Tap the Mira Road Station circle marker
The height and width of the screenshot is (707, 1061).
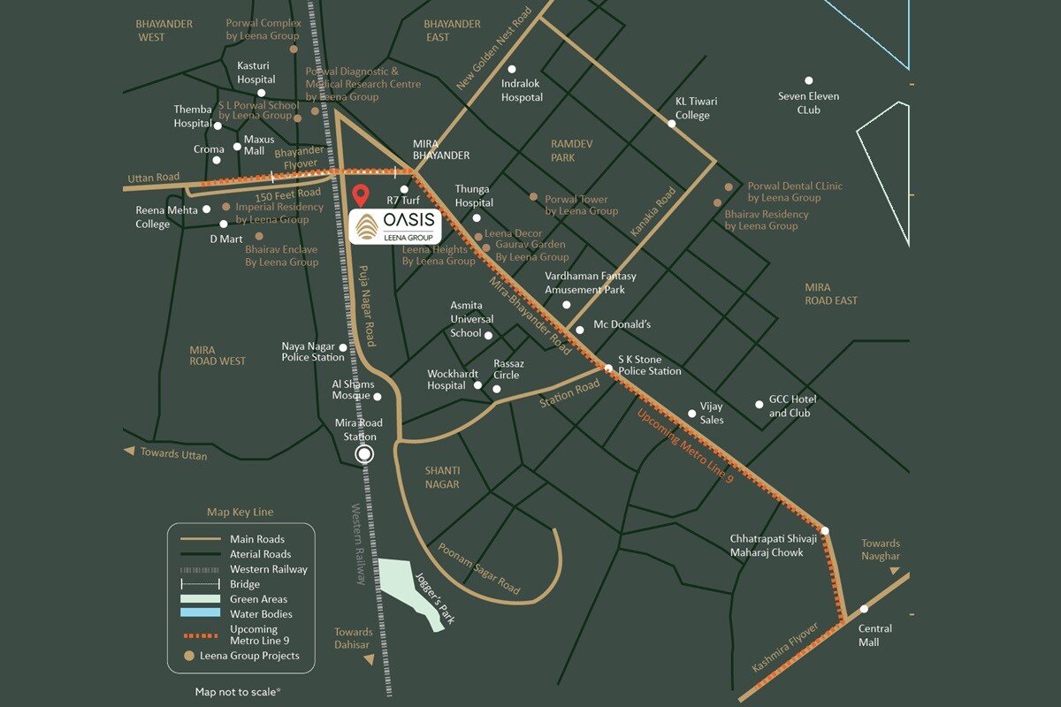(x=364, y=454)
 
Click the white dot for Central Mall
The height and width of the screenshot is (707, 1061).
(x=864, y=609)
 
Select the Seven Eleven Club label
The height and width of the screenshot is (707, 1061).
(x=808, y=103)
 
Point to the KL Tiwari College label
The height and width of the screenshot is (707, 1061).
(x=692, y=109)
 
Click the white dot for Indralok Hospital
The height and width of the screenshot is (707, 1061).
(x=511, y=70)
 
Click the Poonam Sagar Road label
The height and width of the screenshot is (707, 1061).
(x=478, y=568)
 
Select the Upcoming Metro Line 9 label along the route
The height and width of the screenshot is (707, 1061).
(x=685, y=447)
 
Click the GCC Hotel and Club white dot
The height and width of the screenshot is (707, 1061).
(x=759, y=405)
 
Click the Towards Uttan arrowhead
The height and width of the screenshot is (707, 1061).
(x=129, y=452)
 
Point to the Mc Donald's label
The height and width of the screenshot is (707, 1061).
(x=622, y=324)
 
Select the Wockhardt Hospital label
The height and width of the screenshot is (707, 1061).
(x=446, y=380)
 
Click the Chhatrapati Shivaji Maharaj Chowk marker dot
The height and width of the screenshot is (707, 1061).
(x=824, y=531)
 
